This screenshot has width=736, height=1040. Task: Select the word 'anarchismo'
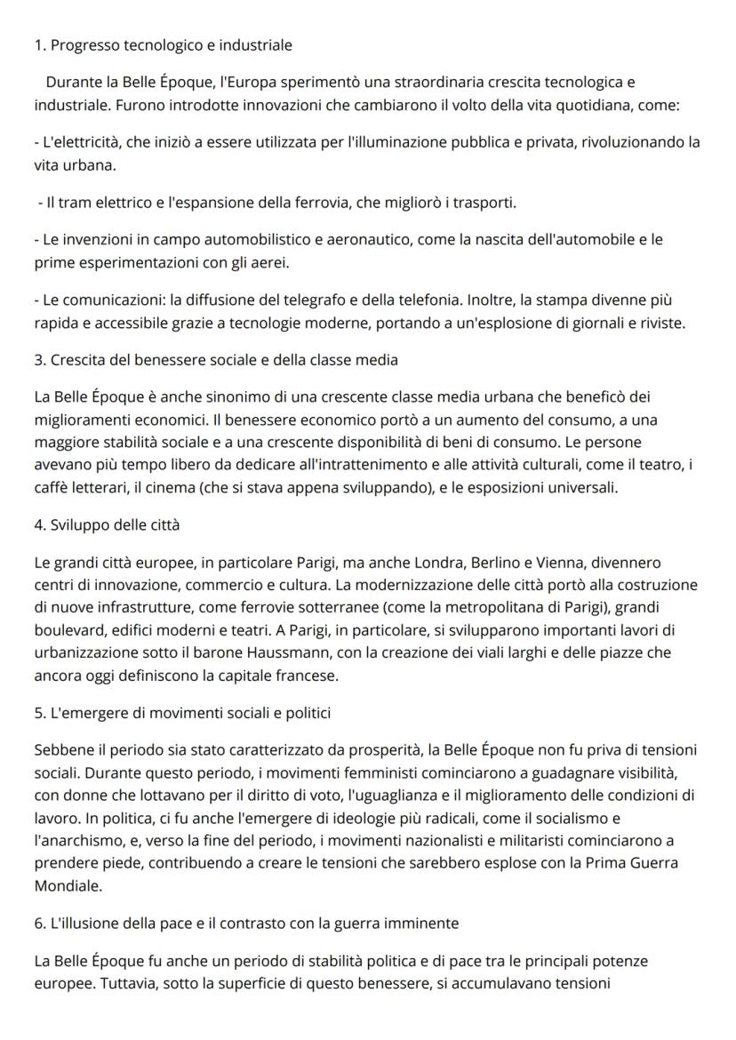(71, 818)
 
